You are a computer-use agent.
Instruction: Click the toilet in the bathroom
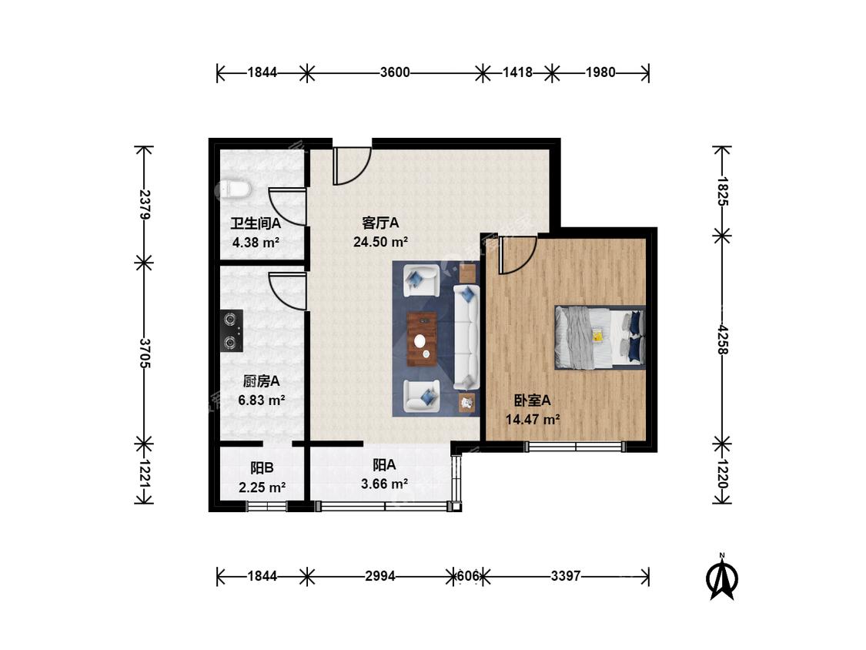pyautogui.click(x=232, y=189)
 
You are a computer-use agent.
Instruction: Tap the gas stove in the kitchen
pyautogui.click(x=232, y=331)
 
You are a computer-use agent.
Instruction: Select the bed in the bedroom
pyautogui.click(x=600, y=337)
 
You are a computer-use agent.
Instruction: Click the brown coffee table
pyautogui.click(x=422, y=340)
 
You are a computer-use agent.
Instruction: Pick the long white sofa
pyautogui.click(x=466, y=337)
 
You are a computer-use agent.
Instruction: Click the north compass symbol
pyautogui.click(x=722, y=577)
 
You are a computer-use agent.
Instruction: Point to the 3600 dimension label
pyautogui.click(x=395, y=72)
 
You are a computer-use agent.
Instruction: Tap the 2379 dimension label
pyautogui.click(x=144, y=205)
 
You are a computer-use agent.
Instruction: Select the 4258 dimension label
pyautogui.click(x=722, y=340)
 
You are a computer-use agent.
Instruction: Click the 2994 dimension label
pyautogui.click(x=380, y=577)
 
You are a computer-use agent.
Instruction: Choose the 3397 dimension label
pyautogui.click(x=566, y=577)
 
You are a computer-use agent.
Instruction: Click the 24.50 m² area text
pyautogui.click(x=380, y=242)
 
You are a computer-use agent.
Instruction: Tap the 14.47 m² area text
pyautogui.click(x=533, y=420)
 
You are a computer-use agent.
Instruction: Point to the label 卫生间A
pyautogui.click(x=256, y=223)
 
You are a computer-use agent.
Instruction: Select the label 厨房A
pyautogui.click(x=261, y=380)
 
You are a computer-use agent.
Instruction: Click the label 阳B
pyautogui.click(x=262, y=468)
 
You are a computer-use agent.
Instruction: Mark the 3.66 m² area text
pyautogui.click(x=384, y=484)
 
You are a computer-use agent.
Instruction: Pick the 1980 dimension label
pyautogui.click(x=600, y=72)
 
